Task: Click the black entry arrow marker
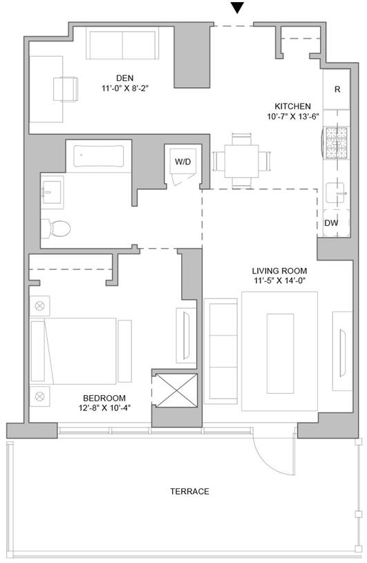[237, 8]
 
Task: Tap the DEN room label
[125, 78]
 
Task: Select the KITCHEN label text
[292, 106]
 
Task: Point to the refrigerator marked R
[336, 89]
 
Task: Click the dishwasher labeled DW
[336, 223]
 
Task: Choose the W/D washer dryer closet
[183, 162]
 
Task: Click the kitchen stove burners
[337, 143]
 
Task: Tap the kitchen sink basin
[335, 193]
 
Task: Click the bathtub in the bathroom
[99, 155]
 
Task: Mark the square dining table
[242, 161]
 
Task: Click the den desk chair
[66, 88]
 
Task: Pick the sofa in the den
[122, 43]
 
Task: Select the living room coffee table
[280, 354]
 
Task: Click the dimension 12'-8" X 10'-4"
[104, 408]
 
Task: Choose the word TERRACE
[189, 491]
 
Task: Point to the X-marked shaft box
[176, 391]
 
